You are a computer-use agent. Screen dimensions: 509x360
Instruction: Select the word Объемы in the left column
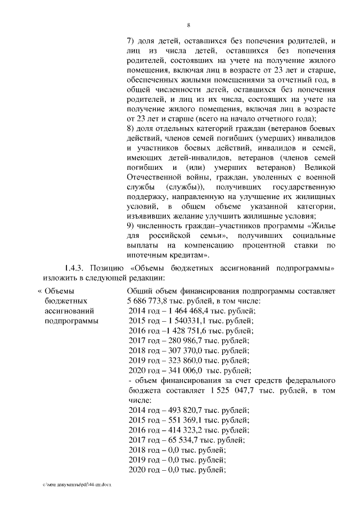[59, 291]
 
